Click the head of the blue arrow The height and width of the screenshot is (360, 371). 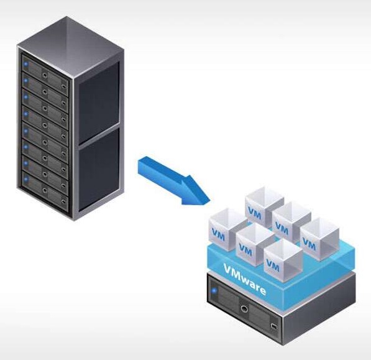[x=209, y=202]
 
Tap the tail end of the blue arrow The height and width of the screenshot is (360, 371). [x=140, y=165]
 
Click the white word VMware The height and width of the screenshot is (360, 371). [x=245, y=279]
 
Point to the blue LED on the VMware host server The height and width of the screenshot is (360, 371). [x=214, y=290]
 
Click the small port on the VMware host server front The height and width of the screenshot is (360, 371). [x=274, y=326]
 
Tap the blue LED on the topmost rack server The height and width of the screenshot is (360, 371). [x=26, y=64]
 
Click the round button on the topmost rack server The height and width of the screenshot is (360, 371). [x=45, y=75]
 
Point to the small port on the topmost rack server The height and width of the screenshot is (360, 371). [x=63, y=86]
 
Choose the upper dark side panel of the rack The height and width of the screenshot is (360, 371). [x=99, y=102]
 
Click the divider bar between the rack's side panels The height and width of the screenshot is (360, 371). [x=99, y=136]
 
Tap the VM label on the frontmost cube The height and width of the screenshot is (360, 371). [x=273, y=265]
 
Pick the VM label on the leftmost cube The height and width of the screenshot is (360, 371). [x=218, y=234]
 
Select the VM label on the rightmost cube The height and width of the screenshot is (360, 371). [x=309, y=244]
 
